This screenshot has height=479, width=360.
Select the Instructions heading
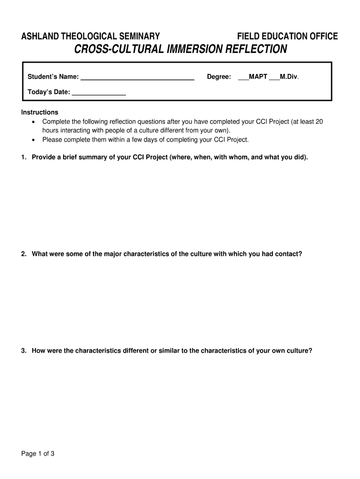[x=40, y=112]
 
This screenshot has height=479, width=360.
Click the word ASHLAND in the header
[x=37, y=36]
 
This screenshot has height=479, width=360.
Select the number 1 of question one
[x=23, y=157]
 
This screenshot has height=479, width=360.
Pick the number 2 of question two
[x=23, y=254]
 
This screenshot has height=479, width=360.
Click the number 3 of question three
[x=23, y=350]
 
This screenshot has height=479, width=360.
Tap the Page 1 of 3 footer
[x=38, y=453]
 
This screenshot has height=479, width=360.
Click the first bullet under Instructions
[x=33, y=122]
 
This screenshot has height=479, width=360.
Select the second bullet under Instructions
[x=33, y=140]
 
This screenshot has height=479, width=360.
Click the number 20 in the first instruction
[x=319, y=122]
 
